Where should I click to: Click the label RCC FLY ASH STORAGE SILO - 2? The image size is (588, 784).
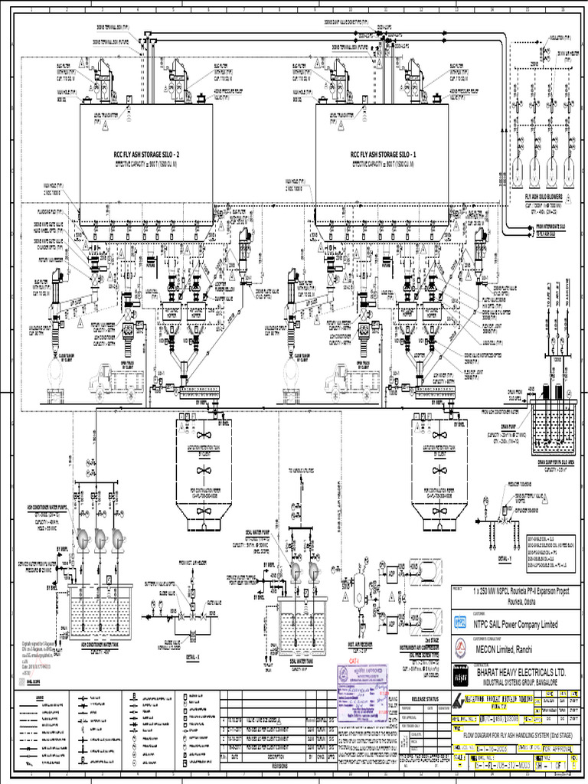click(x=145, y=154)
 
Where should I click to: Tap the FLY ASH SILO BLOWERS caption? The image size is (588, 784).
click(x=537, y=195)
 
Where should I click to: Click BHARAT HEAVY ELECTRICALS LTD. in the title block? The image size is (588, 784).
click(x=521, y=671)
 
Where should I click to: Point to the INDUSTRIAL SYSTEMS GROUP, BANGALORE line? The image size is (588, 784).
click(x=524, y=681)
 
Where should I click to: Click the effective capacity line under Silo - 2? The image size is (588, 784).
click(x=146, y=165)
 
